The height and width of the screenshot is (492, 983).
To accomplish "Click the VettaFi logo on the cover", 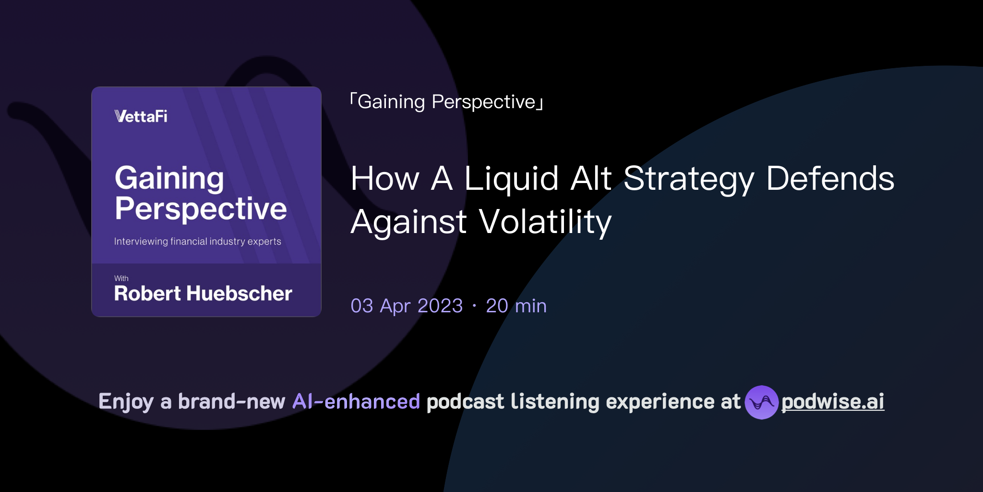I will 141,116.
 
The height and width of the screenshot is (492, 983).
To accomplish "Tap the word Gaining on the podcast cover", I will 169,179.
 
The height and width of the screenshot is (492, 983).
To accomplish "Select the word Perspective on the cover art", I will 201,209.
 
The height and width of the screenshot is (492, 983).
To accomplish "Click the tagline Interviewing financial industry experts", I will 197,241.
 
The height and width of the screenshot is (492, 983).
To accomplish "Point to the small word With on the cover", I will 121,278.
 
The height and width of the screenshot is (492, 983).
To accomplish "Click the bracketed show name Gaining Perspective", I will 446,102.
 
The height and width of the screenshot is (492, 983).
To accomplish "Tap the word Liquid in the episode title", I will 511,179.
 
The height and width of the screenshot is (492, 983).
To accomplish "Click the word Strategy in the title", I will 689,179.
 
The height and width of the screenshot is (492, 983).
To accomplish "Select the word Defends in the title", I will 830,179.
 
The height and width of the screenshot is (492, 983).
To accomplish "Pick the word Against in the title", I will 408,222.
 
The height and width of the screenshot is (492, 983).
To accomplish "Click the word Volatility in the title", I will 545,222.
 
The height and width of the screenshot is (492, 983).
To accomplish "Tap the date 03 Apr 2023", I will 407,306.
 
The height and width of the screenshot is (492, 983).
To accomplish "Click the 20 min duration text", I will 516,306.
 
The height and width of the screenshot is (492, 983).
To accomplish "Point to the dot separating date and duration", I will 474,306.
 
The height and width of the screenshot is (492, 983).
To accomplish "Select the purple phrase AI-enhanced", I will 356,402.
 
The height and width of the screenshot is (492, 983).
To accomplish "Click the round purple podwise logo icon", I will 761,402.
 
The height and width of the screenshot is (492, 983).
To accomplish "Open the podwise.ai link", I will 832,402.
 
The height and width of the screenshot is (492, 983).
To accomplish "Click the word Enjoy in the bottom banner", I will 126,402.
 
